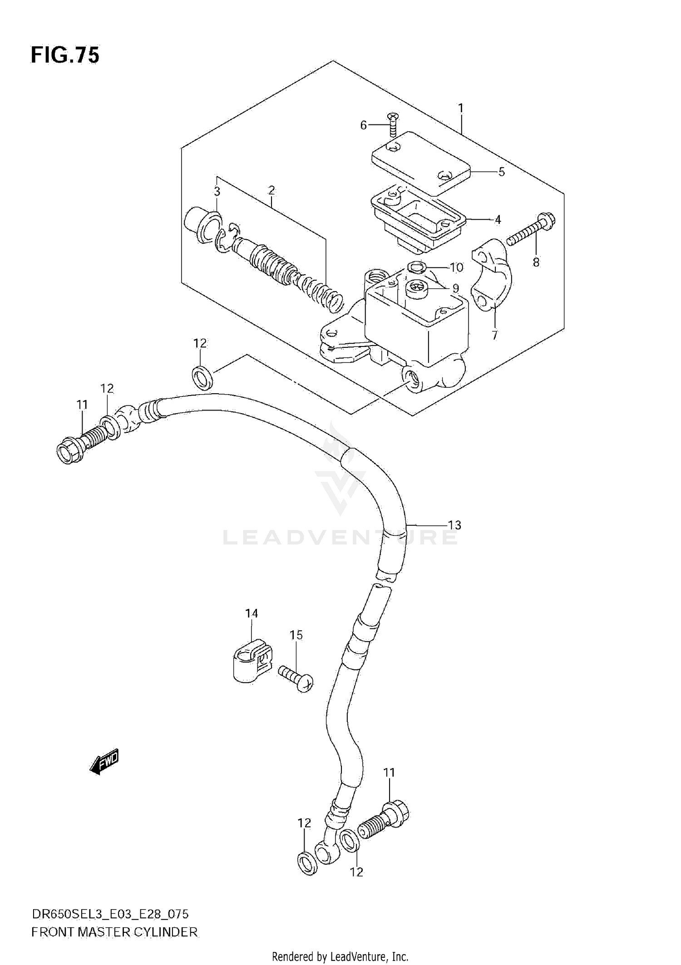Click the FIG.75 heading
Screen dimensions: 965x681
click(x=65, y=55)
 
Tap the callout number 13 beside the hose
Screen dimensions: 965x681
click(x=454, y=525)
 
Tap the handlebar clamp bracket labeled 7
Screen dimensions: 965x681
click(x=493, y=284)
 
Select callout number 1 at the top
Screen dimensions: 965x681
click(x=461, y=108)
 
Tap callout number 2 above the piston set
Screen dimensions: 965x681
click(x=271, y=190)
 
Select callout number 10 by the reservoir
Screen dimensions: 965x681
click(x=456, y=267)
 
